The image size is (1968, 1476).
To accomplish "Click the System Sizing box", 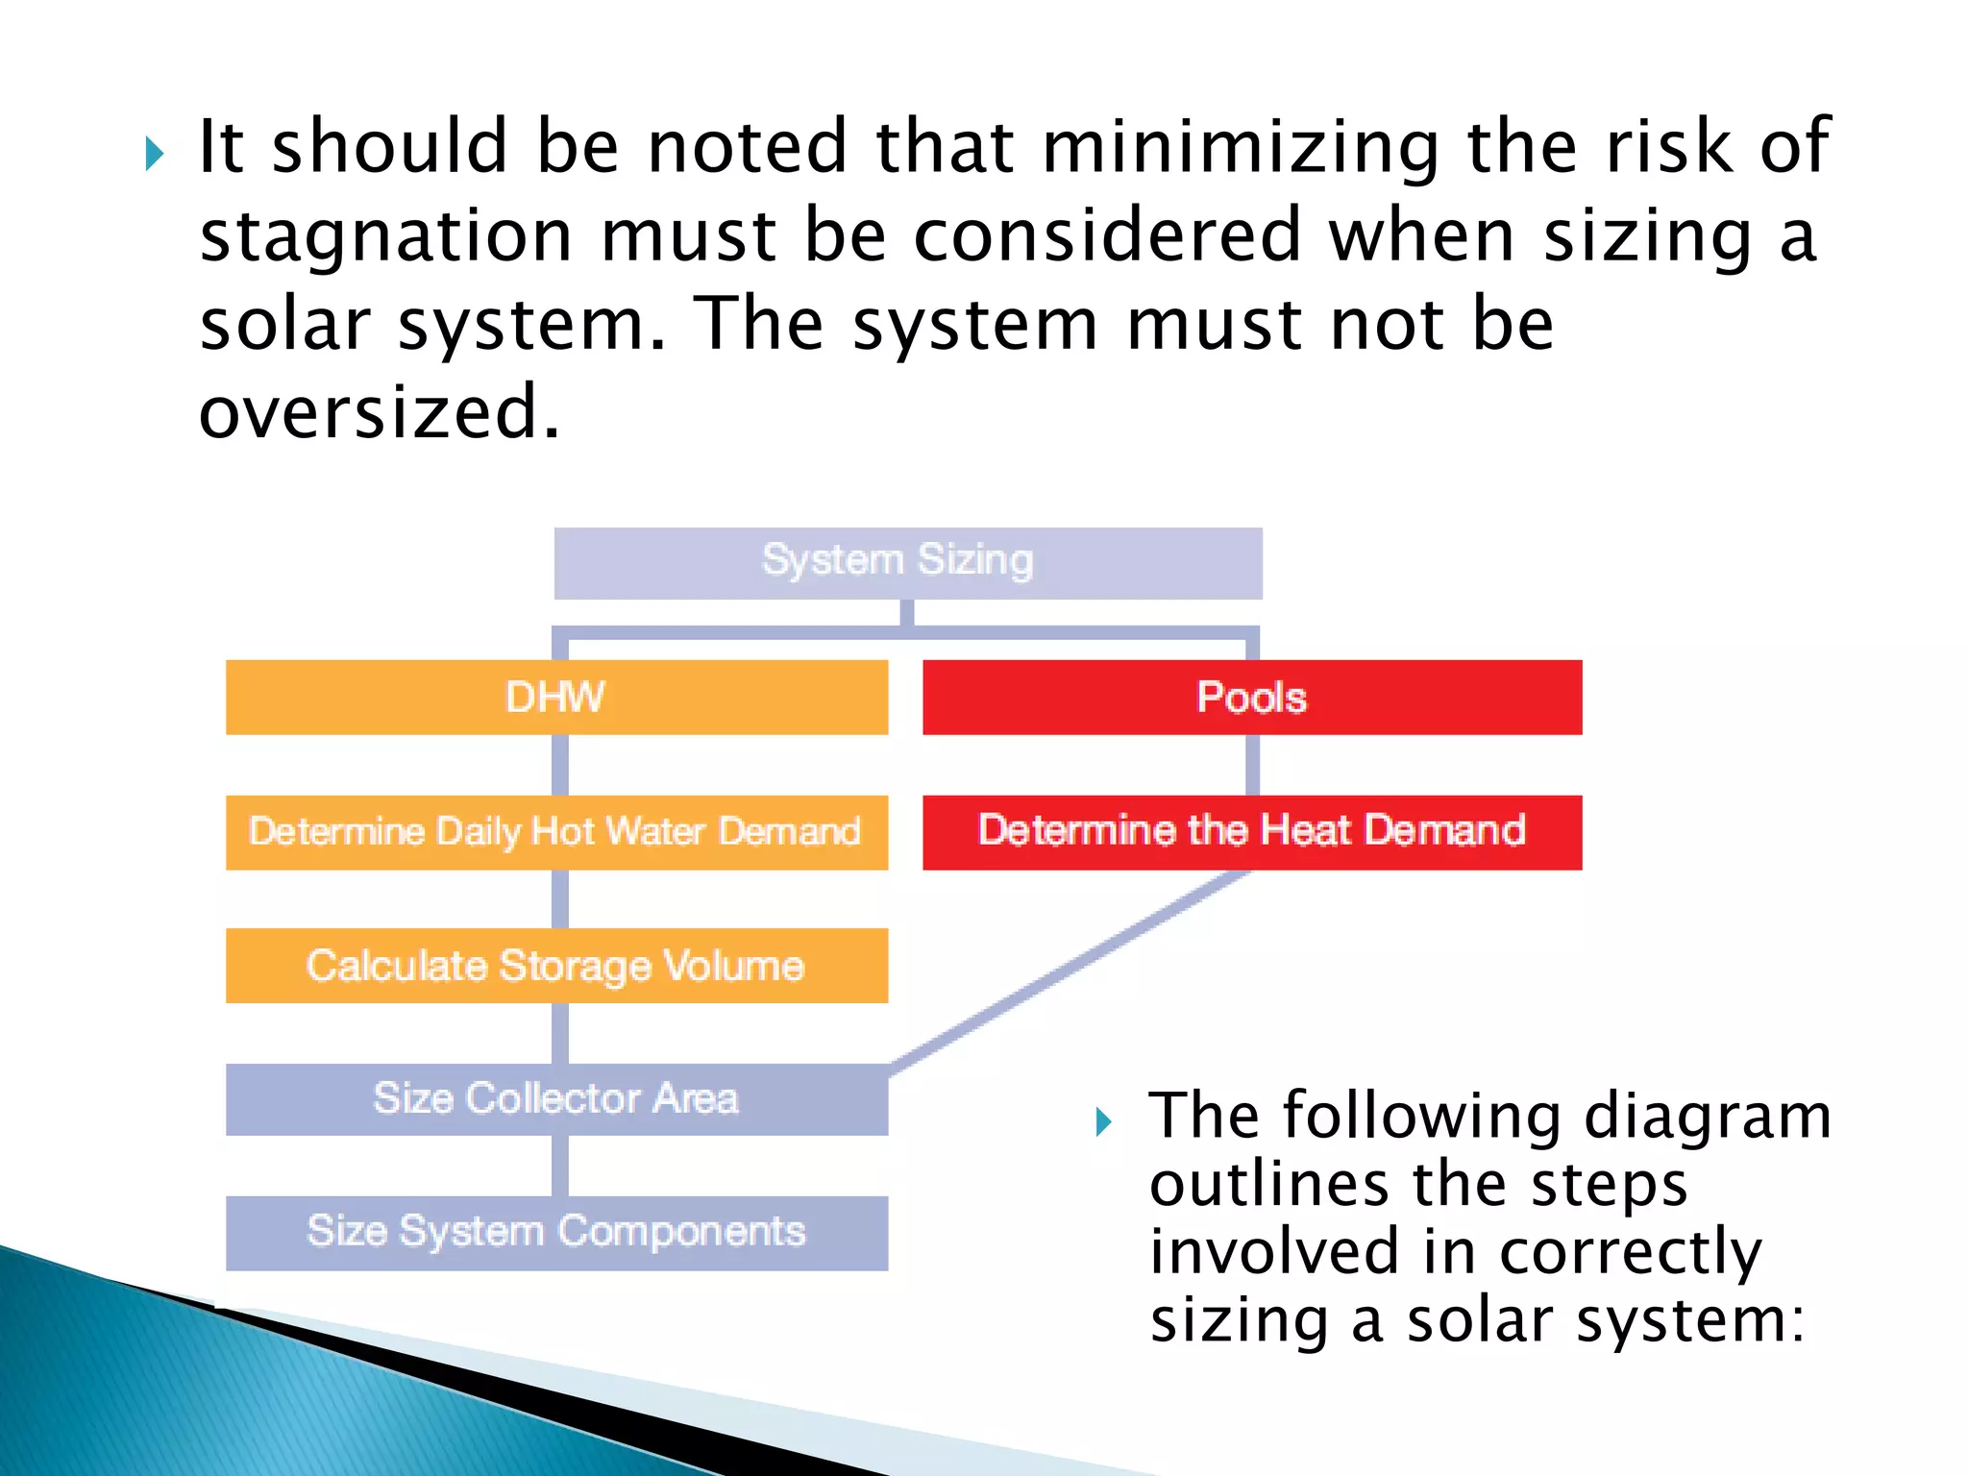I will [x=907, y=562].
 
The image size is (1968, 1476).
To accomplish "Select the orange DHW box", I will [x=556, y=698].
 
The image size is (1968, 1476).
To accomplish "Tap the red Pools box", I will [x=1251, y=698].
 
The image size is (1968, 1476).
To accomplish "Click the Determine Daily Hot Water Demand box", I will [x=556, y=832].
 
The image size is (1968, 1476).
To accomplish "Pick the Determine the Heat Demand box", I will [x=1251, y=832].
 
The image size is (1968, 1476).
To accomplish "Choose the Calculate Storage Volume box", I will [x=556, y=966].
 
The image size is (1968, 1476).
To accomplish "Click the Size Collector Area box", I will [x=556, y=1099].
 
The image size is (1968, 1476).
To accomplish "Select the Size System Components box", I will [x=556, y=1233].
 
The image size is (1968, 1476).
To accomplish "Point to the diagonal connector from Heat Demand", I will [x=1067, y=971].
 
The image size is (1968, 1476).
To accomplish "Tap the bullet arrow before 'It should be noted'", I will [x=155, y=154].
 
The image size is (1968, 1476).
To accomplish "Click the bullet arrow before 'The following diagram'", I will [x=1103, y=1121].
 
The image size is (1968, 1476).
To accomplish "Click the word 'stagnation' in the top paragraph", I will [x=386, y=236].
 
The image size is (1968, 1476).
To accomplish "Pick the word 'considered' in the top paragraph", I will [x=1107, y=236].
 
